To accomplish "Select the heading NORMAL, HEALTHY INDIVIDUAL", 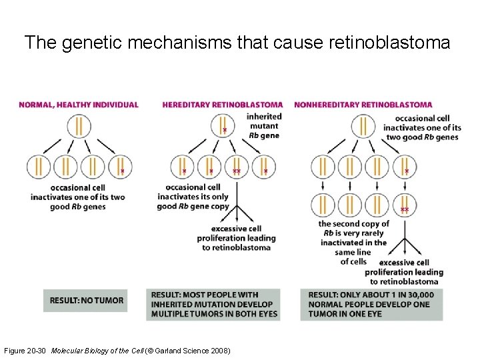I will (x=79, y=105).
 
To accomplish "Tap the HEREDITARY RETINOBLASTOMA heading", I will (x=222, y=105).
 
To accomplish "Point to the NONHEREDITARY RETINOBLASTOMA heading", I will (x=363, y=105).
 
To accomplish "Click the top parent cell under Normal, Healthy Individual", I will (x=79, y=126).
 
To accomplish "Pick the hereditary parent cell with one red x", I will (x=223, y=126).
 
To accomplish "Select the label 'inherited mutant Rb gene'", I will (x=263, y=126).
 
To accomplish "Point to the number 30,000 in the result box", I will (x=420, y=295).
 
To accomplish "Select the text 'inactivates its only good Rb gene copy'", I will (x=193, y=197).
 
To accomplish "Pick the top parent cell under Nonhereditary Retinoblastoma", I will (x=363, y=126).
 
